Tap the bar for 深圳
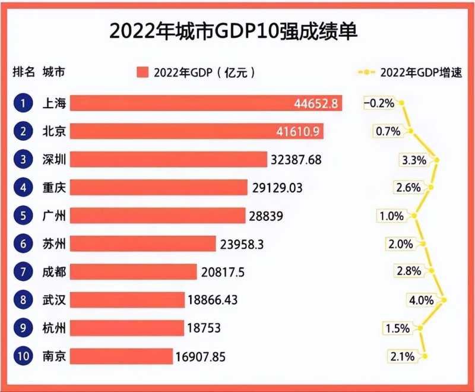(169, 159)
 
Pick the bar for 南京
(122, 356)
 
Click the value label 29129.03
(277, 188)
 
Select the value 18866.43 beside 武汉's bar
(213, 301)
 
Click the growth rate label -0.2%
(379, 103)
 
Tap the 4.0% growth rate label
(422, 300)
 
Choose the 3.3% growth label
(414, 159)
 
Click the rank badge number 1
(23, 103)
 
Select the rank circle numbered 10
(23, 356)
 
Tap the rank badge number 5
(23, 216)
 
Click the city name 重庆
(53, 188)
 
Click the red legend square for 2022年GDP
(142, 73)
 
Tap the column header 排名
(24, 73)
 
